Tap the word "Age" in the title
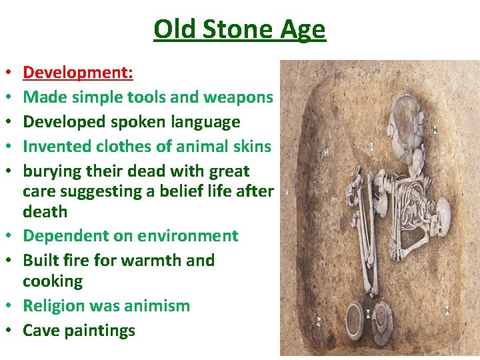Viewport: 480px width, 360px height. (303, 30)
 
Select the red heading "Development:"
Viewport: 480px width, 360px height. (78, 72)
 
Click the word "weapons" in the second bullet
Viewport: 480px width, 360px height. (239, 97)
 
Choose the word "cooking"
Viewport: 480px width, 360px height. (53, 281)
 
